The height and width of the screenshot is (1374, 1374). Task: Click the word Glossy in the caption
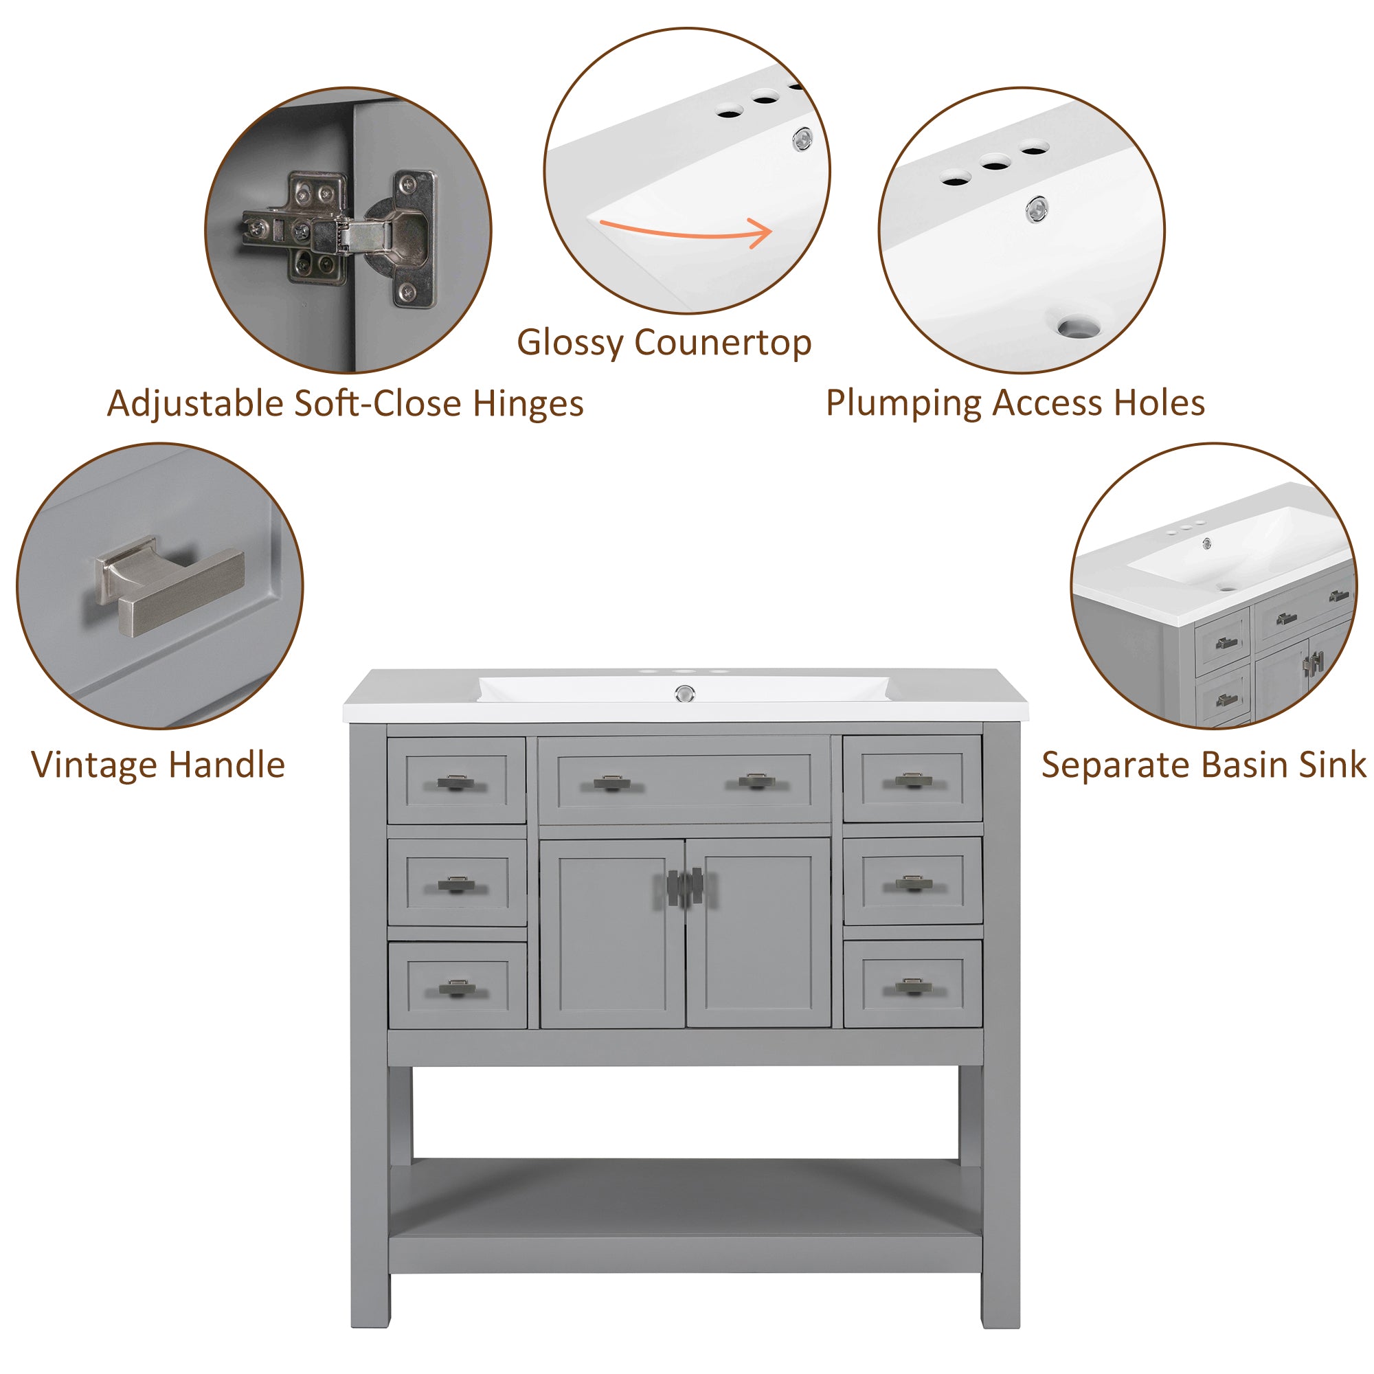[569, 343]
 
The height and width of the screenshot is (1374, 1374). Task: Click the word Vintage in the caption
[95, 765]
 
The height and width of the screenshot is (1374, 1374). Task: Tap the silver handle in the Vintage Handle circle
[170, 587]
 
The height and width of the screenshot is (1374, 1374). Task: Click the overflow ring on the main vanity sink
[684, 692]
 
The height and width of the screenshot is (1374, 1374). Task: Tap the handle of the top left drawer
[455, 783]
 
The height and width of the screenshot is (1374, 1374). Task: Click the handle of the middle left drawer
[455, 884]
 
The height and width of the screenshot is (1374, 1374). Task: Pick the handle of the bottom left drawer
[457, 988]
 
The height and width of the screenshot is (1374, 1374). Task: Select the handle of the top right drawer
[912, 781]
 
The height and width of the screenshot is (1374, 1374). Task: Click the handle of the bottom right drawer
[912, 987]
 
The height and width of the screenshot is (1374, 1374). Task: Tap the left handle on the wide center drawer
[611, 783]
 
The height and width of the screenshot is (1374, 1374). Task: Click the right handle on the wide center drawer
[756, 782]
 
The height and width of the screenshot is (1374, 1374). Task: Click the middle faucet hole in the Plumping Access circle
[995, 165]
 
